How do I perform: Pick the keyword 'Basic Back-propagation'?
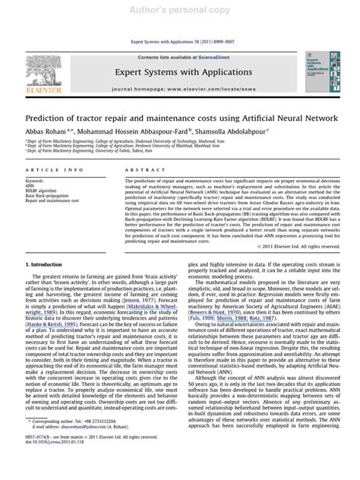(49, 196)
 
